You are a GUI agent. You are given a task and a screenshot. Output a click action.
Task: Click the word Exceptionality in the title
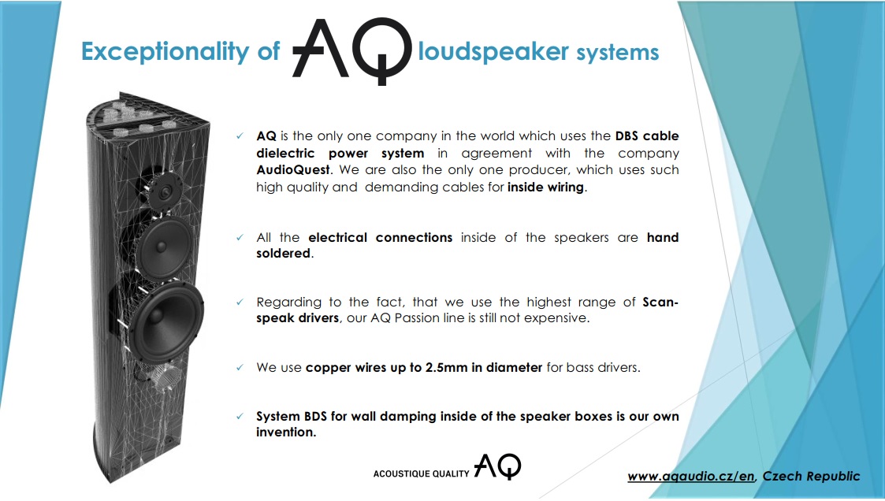pyautogui.click(x=165, y=51)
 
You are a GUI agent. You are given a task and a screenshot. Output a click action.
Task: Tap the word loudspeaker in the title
pyautogui.click(x=493, y=51)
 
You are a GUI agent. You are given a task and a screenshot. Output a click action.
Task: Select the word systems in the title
pyautogui.click(x=618, y=53)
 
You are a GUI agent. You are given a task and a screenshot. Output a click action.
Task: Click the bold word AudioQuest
pyautogui.click(x=293, y=170)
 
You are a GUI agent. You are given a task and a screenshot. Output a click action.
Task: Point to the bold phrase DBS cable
pyautogui.click(x=647, y=136)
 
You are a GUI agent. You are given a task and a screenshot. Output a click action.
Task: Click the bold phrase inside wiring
pyautogui.click(x=546, y=187)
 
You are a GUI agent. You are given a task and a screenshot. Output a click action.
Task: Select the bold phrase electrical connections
pyautogui.click(x=381, y=238)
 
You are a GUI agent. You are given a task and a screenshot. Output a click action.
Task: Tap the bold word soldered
pyautogui.click(x=284, y=254)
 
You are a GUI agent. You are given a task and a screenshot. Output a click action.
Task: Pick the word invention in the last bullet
pyautogui.click(x=284, y=432)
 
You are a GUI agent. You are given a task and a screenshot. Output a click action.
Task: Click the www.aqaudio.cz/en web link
pyautogui.click(x=691, y=476)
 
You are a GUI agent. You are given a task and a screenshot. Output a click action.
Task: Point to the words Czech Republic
pyautogui.click(x=811, y=476)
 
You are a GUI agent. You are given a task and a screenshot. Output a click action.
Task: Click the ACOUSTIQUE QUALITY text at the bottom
pyautogui.click(x=421, y=474)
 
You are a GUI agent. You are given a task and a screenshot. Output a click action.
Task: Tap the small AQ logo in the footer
pyautogui.click(x=497, y=466)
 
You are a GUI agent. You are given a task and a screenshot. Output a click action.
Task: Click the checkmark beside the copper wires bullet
pyautogui.click(x=240, y=367)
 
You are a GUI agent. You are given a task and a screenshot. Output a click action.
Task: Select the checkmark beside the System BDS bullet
pyautogui.click(x=240, y=417)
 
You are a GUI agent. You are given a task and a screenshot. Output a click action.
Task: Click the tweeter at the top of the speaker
pyautogui.click(x=164, y=191)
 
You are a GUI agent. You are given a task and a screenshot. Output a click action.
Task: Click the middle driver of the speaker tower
pyautogui.click(x=164, y=247)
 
